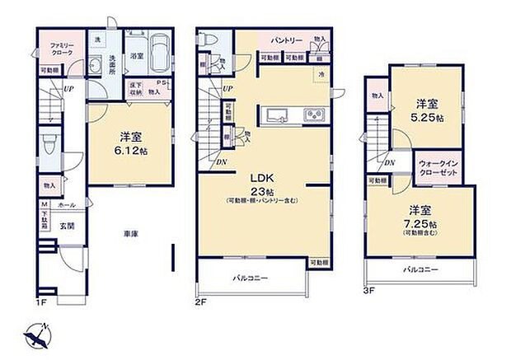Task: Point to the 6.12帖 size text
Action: [x=131, y=143]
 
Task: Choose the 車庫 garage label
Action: [x=131, y=235]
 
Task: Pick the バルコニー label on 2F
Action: [x=250, y=278]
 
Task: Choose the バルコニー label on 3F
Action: [x=420, y=269]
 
